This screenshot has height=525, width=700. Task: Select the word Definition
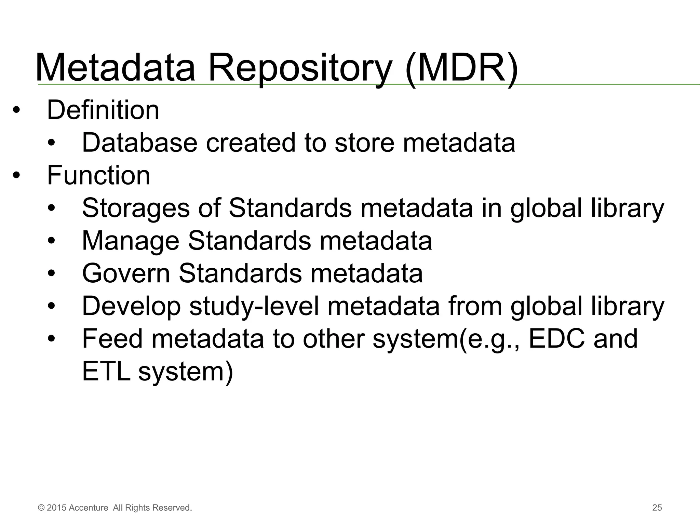pyautogui.click(x=103, y=110)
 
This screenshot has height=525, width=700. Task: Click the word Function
pyautogui.click(x=98, y=175)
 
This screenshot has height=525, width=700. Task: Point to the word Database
pyautogui.click(x=140, y=143)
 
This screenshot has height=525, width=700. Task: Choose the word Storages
pyautogui.click(x=136, y=208)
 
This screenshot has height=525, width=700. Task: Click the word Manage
pyautogui.click(x=131, y=241)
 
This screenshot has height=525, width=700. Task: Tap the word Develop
pyautogui.click(x=131, y=306)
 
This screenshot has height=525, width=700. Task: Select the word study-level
pyautogui.click(x=254, y=306)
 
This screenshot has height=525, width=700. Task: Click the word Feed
pyautogui.click(x=112, y=338)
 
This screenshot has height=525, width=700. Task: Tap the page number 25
pyautogui.click(x=657, y=508)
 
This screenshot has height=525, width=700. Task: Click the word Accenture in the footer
pyautogui.click(x=88, y=508)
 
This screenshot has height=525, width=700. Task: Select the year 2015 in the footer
pyautogui.click(x=56, y=508)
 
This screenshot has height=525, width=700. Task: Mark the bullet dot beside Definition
pyautogui.click(x=16, y=111)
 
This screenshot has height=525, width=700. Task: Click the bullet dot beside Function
pyautogui.click(x=16, y=176)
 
